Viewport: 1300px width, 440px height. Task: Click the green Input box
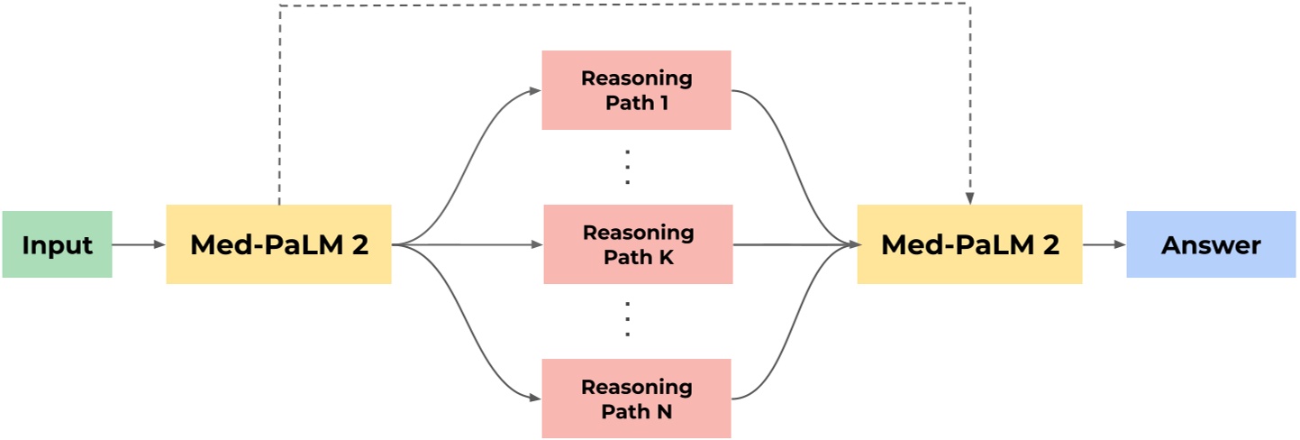[x=57, y=244]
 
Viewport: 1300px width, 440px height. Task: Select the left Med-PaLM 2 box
[x=278, y=244]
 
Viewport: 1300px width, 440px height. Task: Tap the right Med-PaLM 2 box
[x=969, y=244]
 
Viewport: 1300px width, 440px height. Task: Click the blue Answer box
[x=1211, y=244]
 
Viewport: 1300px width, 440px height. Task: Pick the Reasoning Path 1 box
[x=636, y=90]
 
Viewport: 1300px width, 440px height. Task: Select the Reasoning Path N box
[x=636, y=399]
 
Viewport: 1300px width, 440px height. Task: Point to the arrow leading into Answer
[x=1104, y=244]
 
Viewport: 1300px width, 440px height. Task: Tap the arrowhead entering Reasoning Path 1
[x=534, y=90]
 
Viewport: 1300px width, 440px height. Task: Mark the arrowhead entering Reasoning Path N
[x=534, y=399]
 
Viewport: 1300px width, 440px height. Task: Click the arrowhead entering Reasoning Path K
[x=536, y=244]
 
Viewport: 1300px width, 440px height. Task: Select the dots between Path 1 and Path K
[x=628, y=168]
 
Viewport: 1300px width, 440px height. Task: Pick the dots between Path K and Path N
[x=628, y=321]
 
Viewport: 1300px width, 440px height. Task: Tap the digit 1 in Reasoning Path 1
[x=664, y=103]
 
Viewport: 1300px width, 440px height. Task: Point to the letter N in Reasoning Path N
[x=665, y=412]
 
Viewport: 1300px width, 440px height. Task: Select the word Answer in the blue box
[x=1211, y=245]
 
